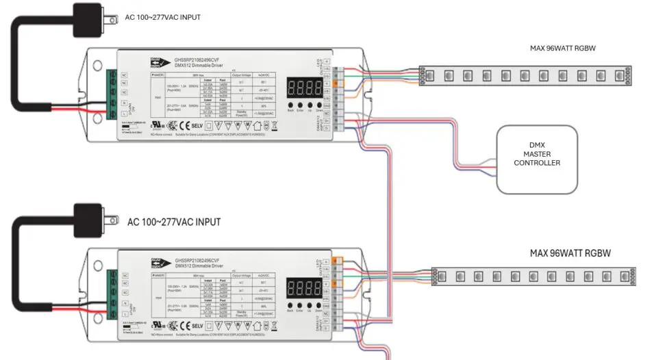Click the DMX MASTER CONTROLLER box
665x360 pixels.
pyautogui.click(x=537, y=159)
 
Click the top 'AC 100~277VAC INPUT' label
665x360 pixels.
pyautogui.click(x=164, y=17)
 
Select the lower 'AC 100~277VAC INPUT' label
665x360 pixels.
pyautogui.click(x=174, y=222)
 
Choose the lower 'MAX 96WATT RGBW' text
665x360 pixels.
pyautogui.click(x=570, y=253)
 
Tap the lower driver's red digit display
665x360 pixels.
pyautogui.click(x=305, y=288)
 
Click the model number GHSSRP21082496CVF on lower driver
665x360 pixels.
pyautogui.click(x=197, y=261)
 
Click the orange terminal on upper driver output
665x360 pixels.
pyautogui.click(x=336, y=83)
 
